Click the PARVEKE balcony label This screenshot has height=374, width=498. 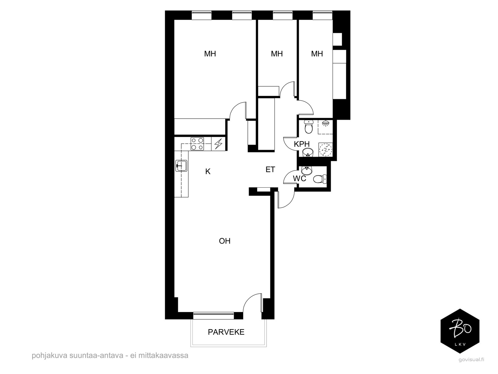click(x=226, y=332)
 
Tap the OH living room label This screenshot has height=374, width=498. click(x=225, y=241)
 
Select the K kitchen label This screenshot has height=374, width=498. click(x=208, y=171)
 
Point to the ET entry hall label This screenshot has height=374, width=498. click(x=270, y=169)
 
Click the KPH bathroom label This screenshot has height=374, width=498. click(x=302, y=144)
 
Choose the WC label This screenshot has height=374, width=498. click(x=300, y=179)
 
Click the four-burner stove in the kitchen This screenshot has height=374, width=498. click(x=197, y=144)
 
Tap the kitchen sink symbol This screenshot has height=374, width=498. click(x=181, y=166)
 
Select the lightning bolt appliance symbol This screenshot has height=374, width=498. click(x=218, y=144)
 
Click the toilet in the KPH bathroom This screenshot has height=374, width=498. click(x=309, y=127)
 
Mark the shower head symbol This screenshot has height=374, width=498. click(x=325, y=123)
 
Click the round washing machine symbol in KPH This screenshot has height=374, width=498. click(x=325, y=150)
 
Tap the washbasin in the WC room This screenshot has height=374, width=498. click(x=306, y=170)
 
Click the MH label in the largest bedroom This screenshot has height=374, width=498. click(x=210, y=54)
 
